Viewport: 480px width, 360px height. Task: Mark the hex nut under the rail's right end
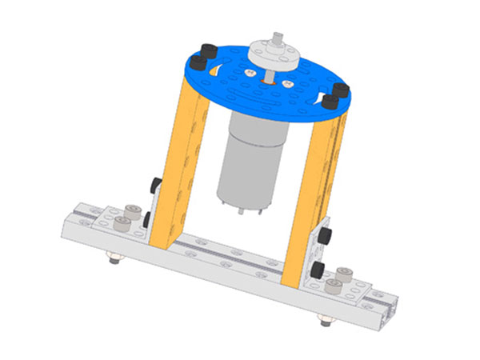point(324,323)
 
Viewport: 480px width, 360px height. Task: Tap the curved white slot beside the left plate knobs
point(216,70)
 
